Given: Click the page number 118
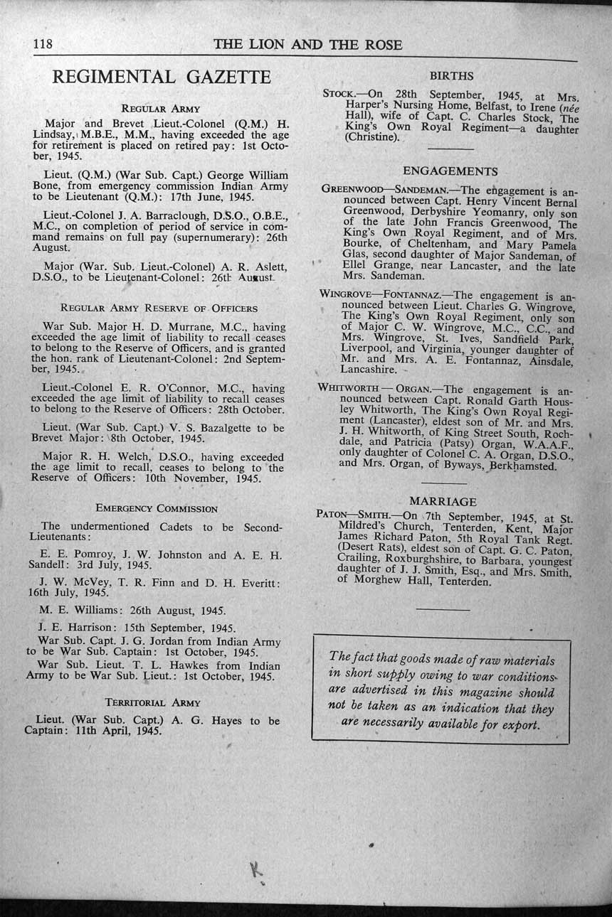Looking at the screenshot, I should [x=43, y=44].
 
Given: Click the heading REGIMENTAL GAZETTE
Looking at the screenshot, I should [x=162, y=77].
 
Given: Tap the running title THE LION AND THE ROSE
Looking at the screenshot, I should [x=307, y=45].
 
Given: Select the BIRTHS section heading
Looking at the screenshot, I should [x=451, y=76].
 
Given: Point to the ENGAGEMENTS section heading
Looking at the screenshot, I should [x=450, y=171].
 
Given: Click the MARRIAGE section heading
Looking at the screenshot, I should [x=443, y=502].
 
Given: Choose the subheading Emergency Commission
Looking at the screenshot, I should [x=157, y=509].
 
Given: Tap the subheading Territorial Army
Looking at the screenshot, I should [x=152, y=702].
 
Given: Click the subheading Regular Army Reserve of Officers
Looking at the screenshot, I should [x=159, y=309].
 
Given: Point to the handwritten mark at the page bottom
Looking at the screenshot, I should [x=254, y=869].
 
